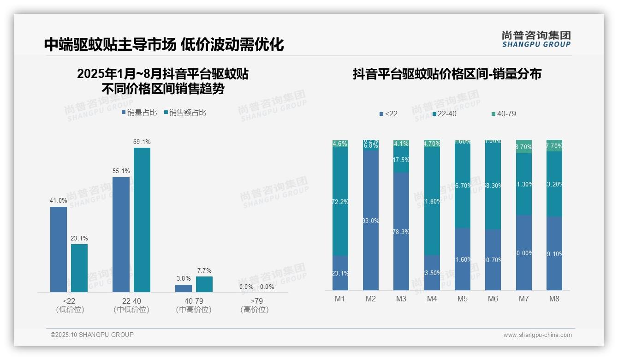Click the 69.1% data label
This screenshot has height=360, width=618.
142,142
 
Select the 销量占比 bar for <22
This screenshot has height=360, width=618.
59,249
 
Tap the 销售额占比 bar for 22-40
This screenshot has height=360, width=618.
142,220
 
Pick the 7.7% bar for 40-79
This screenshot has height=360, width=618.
204,284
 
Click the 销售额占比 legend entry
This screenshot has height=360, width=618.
185,112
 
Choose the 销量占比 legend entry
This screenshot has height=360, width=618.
139,112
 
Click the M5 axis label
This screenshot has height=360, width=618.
463,299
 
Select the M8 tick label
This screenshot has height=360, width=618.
554,299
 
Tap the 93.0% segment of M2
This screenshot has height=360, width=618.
371,221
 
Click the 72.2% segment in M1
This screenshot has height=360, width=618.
340,202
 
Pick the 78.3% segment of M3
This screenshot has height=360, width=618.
401,231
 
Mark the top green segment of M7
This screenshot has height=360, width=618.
524,146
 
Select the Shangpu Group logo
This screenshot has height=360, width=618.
536,39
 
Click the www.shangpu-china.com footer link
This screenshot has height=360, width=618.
537,335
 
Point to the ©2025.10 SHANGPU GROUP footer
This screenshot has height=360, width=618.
92,335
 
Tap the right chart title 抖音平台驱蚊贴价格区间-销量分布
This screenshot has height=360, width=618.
447,74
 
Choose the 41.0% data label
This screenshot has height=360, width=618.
59,201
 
